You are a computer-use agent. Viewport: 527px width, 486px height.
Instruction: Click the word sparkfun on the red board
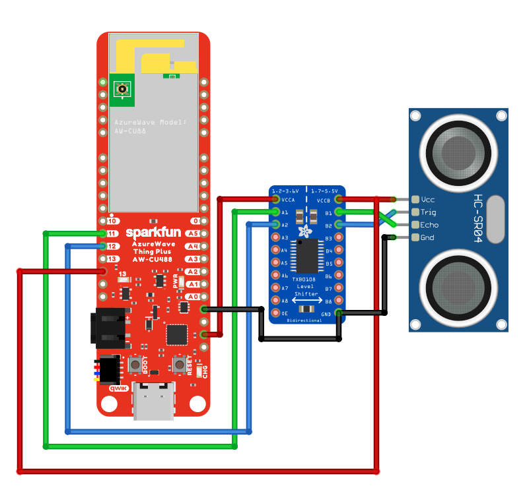click(x=153, y=233)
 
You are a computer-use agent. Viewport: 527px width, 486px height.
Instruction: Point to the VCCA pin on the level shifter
click(x=275, y=199)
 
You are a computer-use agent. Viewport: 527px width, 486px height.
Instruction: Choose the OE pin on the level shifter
click(x=275, y=313)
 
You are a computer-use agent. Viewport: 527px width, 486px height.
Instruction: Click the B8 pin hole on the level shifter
click(x=339, y=301)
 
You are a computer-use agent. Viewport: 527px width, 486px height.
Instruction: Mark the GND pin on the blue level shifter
click(x=339, y=313)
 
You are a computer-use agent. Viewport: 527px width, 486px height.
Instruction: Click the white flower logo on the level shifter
click(x=305, y=231)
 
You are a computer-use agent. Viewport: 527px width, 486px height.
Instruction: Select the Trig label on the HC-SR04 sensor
click(x=429, y=212)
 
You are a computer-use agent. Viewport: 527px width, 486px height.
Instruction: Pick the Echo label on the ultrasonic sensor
click(x=429, y=224)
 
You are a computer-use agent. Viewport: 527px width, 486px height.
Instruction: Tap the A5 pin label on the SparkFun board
click(x=192, y=233)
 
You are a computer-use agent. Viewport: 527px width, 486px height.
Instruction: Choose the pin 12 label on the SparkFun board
click(x=113, y=246)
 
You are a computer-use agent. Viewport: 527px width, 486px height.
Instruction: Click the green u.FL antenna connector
click(x=122, y=89)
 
